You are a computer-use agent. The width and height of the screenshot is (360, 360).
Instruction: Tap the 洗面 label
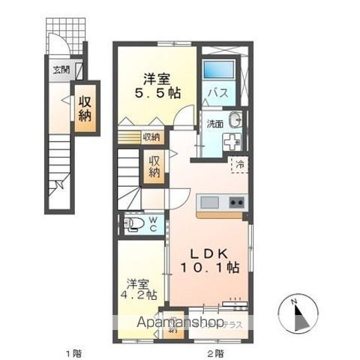tap(214, 123)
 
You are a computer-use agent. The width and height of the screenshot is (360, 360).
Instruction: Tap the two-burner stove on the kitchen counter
tap(236, 202)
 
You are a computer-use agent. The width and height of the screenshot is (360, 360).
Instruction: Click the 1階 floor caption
tap(71, 352)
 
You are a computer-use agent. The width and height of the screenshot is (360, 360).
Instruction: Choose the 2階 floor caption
tap(214, 352)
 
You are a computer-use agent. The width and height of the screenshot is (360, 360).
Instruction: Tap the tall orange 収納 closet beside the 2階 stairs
tap(154, 166)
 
